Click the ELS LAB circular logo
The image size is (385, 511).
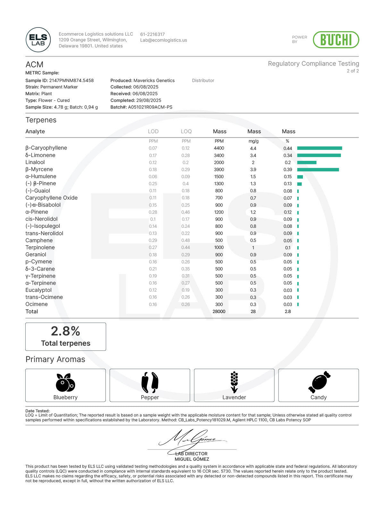click(x=38, y=40)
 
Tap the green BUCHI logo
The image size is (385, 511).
click(x=336, y=40)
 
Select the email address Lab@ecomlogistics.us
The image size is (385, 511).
click(x=163, y=40)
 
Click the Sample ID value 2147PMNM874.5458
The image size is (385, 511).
click(x=71, y=80)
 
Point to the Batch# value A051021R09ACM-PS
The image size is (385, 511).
click(x=150, y=107)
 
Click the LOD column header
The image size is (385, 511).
click(x=153, y=131)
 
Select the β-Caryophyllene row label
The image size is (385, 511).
click(x=46, y=148)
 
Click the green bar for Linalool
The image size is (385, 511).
click(x=307, y=162)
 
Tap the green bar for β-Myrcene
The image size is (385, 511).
click(x=318, y=169)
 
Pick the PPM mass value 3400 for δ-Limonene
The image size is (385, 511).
click(x=219, y=155)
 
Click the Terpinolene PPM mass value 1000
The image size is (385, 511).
click(x=219, y=248)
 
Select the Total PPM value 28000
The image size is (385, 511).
click(x=219, y=311)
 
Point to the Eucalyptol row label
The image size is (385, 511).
click(x=38, y=290)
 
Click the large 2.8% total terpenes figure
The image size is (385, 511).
click(x=65, y=331)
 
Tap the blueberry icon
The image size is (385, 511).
click(x=65, y=383)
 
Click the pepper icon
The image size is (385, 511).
click(x=150, y=382)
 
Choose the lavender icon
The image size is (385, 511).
click(x=234, y=382)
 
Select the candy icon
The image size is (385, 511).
click(x=319, y=382)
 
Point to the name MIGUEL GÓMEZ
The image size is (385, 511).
click(x=192, y=459)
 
